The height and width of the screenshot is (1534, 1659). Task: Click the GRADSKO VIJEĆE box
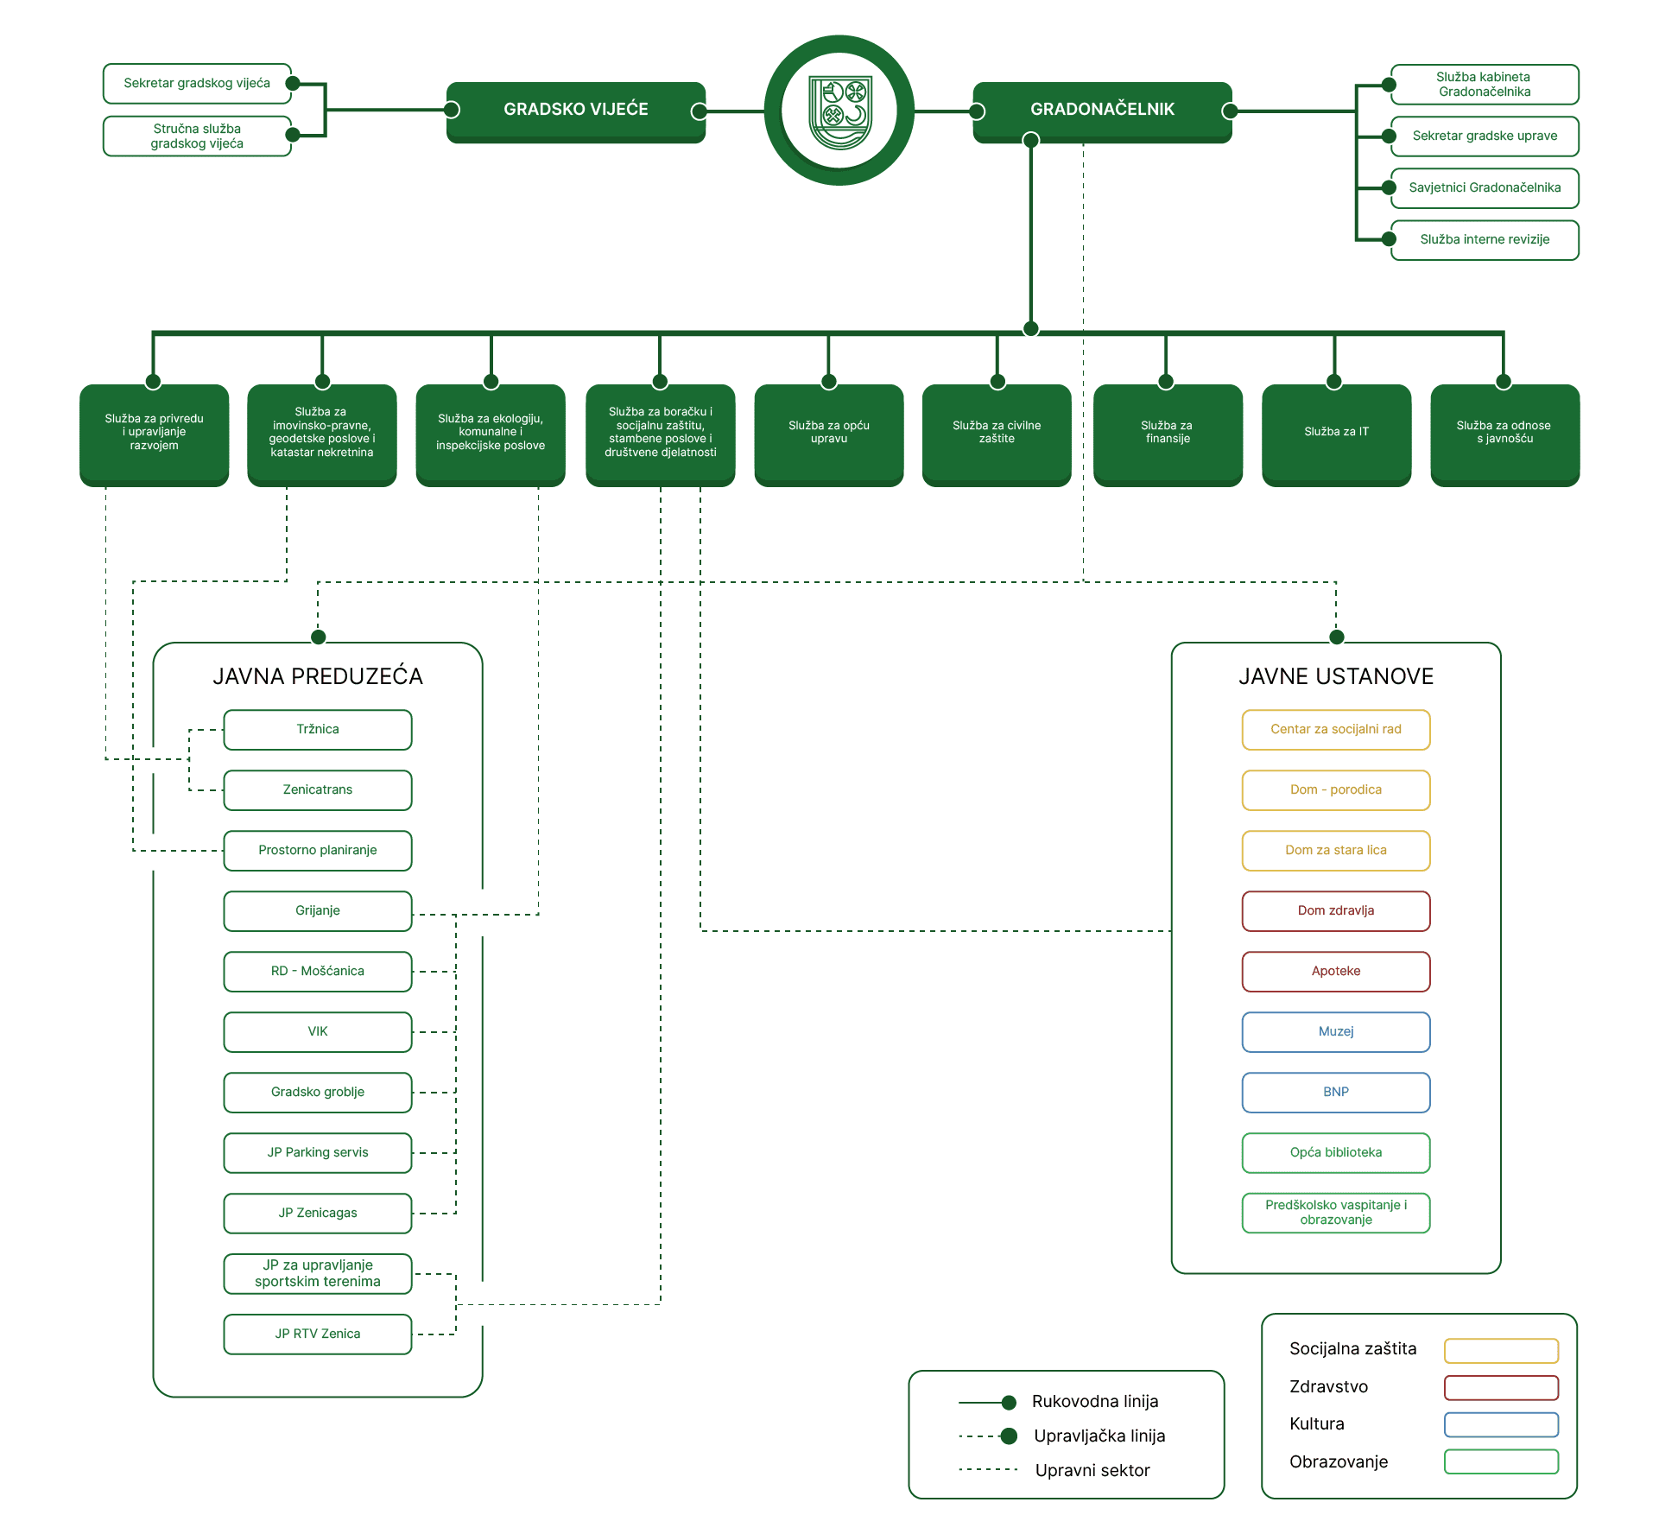coord(576,111)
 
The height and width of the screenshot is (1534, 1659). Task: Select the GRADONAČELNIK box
coord(1102,111)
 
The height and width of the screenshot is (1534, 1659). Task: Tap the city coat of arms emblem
coord(839,111)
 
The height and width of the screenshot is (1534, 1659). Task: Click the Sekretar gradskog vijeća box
coord(197,84)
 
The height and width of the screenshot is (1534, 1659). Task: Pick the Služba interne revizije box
coord(1485,240)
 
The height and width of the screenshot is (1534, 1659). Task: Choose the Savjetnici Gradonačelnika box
coord(1485,188)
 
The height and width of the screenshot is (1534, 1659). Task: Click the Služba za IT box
coord(1336,433)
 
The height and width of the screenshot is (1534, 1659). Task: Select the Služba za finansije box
coord(1168,433)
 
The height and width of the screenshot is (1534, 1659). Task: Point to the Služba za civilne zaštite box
coord(997,433)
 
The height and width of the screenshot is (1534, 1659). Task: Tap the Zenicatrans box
coord(318,790)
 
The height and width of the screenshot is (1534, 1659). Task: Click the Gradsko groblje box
coord(318,1093)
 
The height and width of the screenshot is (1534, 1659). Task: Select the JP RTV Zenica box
coord(318,1334)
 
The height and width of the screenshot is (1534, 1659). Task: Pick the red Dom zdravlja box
coord(1336,911)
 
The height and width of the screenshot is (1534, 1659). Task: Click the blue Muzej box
coord(1336,1032)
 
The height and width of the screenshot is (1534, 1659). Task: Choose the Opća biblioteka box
coord(1336,1153)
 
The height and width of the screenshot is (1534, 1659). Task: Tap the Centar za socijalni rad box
coord(1336,730)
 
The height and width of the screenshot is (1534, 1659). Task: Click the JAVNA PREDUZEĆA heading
coord(318,676)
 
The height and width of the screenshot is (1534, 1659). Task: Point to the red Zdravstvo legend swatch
coord(1501,1387)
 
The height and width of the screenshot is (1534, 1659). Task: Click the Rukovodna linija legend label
coord(1095,1402)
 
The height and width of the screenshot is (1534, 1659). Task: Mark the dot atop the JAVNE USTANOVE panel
coord(1337,637)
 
